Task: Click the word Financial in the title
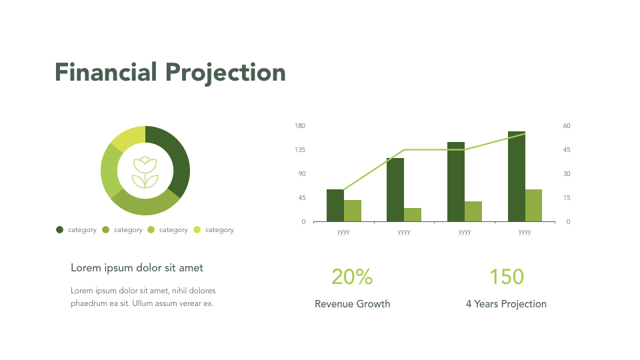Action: (106, 72)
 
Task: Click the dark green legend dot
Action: (60, 230)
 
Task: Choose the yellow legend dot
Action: (197, 230)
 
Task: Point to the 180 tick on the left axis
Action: (299, 126)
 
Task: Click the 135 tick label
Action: (299, 150)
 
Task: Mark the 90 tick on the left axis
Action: (301, 174)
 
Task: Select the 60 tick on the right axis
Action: (567, 126)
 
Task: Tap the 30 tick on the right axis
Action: (567, 174)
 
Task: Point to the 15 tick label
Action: (567, 198)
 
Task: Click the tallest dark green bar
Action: (516, 177)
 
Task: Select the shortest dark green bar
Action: (335, 205)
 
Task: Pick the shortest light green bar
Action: (413, 215)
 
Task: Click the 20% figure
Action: (352, 277)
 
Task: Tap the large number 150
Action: (507, 277)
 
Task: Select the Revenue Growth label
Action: (352, 304)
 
